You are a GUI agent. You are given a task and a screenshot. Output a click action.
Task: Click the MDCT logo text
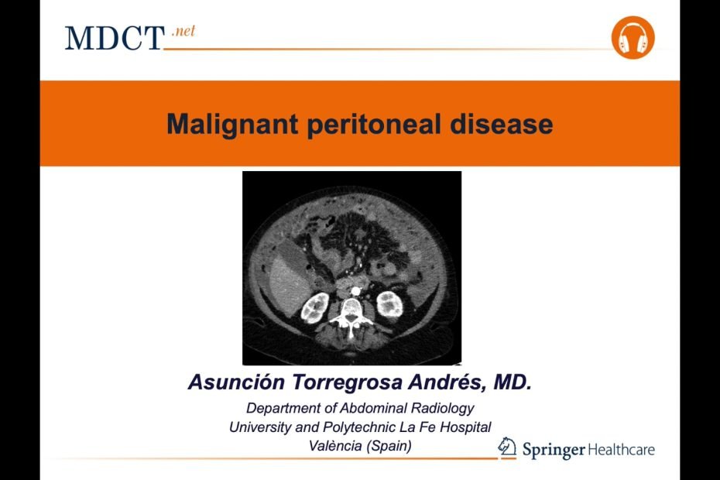pyautogui.click(x=115, y=38)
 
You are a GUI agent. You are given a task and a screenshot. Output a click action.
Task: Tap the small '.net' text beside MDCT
pyautogui.click(x=183, y=31)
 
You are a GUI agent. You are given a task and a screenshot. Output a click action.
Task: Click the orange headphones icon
pyautogui.click(x=633, y=38)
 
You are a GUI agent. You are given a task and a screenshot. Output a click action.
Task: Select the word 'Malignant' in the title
pyautogui.click(x=232, y=124)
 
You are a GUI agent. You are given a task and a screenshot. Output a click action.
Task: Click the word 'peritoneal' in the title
pyautogui.click(x=374, y=124)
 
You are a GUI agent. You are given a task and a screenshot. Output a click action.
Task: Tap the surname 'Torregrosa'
pyautogui.click(x=348, y=382)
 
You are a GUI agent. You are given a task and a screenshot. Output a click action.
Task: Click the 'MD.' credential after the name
pyautogui.click(x=513, y=382)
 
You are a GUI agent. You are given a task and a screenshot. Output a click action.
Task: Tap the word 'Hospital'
pyautogui.click(x=465, y=427)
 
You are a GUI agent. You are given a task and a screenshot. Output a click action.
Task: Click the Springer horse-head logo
pyautogui.click(x=507, y=447)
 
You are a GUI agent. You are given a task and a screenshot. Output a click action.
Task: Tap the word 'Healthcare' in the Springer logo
pyautogui.click(x=621, y=449)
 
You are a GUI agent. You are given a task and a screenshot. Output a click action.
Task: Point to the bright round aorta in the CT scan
pyautogui.click(x=355, y=290)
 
